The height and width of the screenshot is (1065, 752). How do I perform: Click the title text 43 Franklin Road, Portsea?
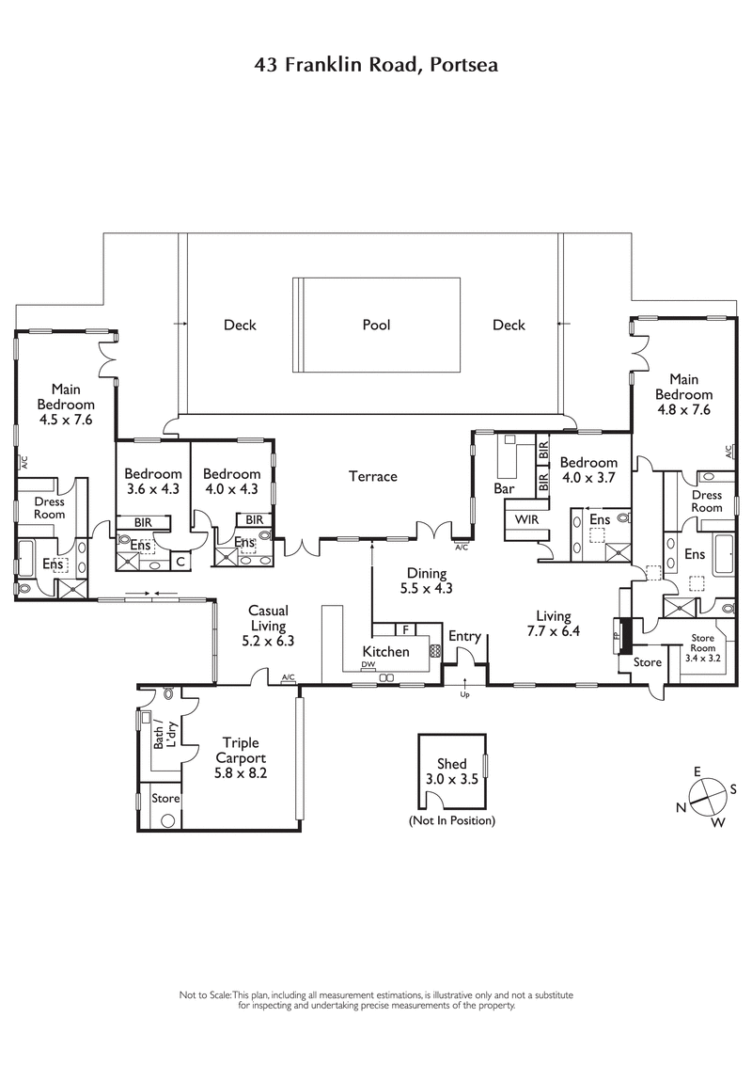(x=375, y=65)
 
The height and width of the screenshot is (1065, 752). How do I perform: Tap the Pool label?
(x=376, y=326)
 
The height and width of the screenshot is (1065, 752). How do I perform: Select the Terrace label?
(x=373, y=477)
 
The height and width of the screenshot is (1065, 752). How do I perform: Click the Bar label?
(x=505, y=489)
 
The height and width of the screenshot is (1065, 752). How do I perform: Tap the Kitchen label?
(x=385, y=652)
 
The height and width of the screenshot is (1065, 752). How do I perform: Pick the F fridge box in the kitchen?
(x=405, y=628)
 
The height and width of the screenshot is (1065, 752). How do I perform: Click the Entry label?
(x=464, y=637)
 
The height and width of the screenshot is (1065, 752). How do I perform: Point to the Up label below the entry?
(x=463, y=696)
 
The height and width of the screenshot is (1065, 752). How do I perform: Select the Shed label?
(x=451, y=765)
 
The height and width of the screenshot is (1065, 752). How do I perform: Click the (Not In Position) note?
(x=451, y=820)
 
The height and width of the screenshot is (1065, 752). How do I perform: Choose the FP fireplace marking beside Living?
(x=617, y=633)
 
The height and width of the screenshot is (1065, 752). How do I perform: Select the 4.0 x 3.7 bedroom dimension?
(x=588, y=477)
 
